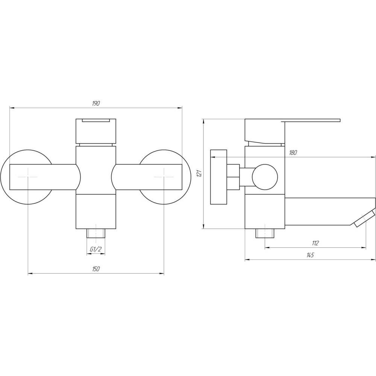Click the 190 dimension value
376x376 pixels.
click(x=96, y=104)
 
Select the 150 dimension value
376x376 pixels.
click(x=96, y=269)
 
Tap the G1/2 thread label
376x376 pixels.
click(x=96, y=249)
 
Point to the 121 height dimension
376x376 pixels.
click(x=200, y=173)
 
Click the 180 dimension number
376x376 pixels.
click(x=293, y=153)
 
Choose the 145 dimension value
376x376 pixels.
click(x=310, y=255)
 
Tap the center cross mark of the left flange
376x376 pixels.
click(x=28, y=177)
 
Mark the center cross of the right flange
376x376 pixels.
click(x=164, y=177)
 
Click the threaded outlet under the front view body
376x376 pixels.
click(x=96, y=233)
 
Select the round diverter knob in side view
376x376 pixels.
click(x=265, y=177)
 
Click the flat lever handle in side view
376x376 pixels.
click(x=312, y=121)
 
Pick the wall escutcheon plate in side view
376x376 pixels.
click(x=219, y=177)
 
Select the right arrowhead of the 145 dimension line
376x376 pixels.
click(x=374, y=260)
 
